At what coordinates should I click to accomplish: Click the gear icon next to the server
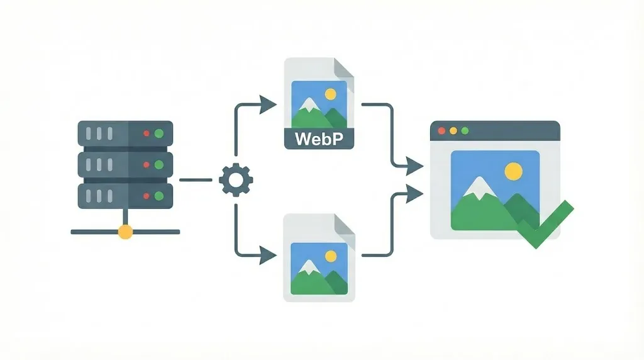tap(236, 180)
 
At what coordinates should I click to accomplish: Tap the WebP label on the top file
tap(319, 138)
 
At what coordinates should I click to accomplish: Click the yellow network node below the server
tap(125, 232)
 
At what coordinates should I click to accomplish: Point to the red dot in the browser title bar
tap(441, 130)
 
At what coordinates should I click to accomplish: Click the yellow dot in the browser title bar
tap(453, 130)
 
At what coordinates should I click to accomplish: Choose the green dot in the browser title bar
tap(465, 130)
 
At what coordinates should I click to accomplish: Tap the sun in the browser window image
tap(514, 171)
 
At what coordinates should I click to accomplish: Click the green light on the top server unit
tap(159, 133)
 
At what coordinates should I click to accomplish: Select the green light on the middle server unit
tap(159, 165)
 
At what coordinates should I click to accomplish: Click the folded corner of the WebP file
tap(344, 67)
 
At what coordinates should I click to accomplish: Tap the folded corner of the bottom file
tap(344, 223)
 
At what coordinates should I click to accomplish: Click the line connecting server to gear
tap(196, 180)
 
